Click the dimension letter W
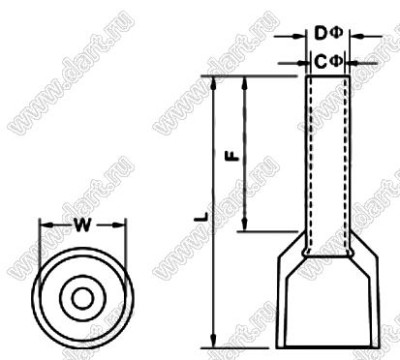point(82,225)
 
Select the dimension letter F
point(232,156)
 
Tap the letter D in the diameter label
point(322,34)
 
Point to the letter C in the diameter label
point(321,62)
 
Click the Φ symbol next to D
point(336,33)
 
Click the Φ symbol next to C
point(336,61)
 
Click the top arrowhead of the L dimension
point(213,83)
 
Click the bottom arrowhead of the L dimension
point(213,342)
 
